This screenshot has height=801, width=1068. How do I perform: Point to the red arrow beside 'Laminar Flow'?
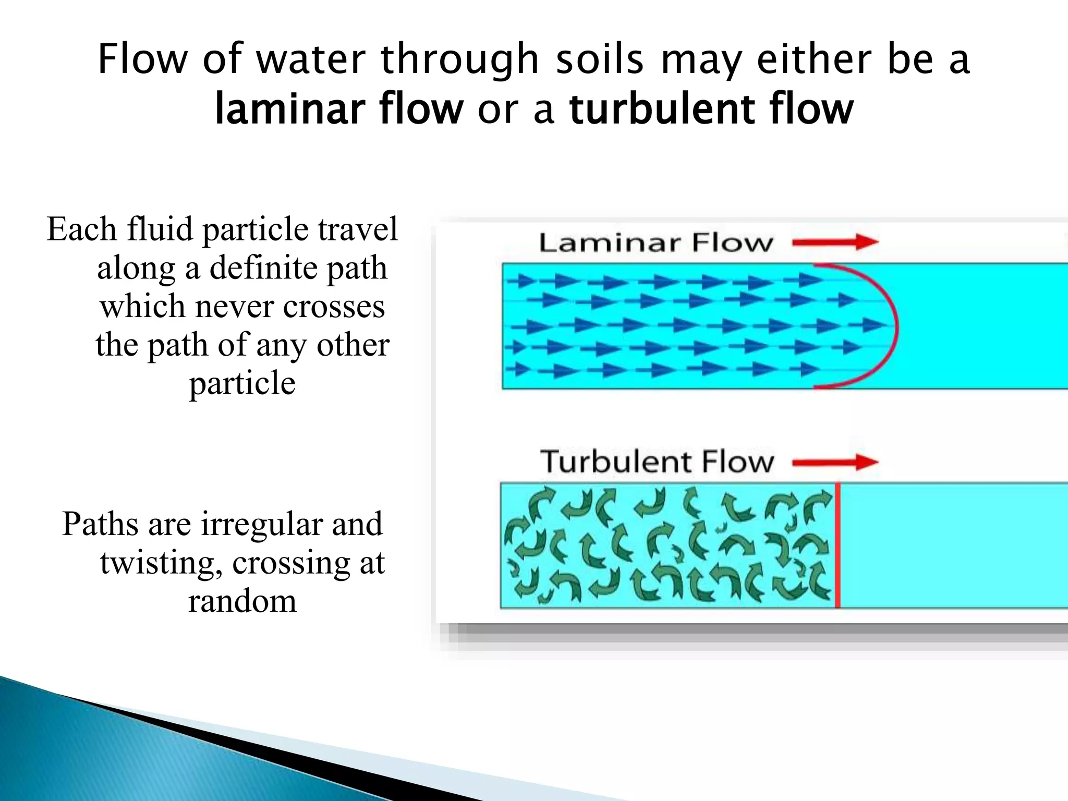pyautogui.click(x=835, y=242)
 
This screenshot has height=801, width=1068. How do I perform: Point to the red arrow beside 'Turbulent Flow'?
pyautogui.click(x=835, y=462)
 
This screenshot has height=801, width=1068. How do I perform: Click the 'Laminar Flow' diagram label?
pyautogui.click(x=656, y=243)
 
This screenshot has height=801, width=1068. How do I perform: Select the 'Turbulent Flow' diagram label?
pyautogui.click(x=657, y=462)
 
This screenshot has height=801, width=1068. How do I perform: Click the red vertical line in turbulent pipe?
pyautogui.click(x=838, y=545)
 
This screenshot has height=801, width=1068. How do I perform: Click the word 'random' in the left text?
pyautogui.click(x=242, y=602)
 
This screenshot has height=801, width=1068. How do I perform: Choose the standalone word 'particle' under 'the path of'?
pyautogui.click(x=242, y=384)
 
